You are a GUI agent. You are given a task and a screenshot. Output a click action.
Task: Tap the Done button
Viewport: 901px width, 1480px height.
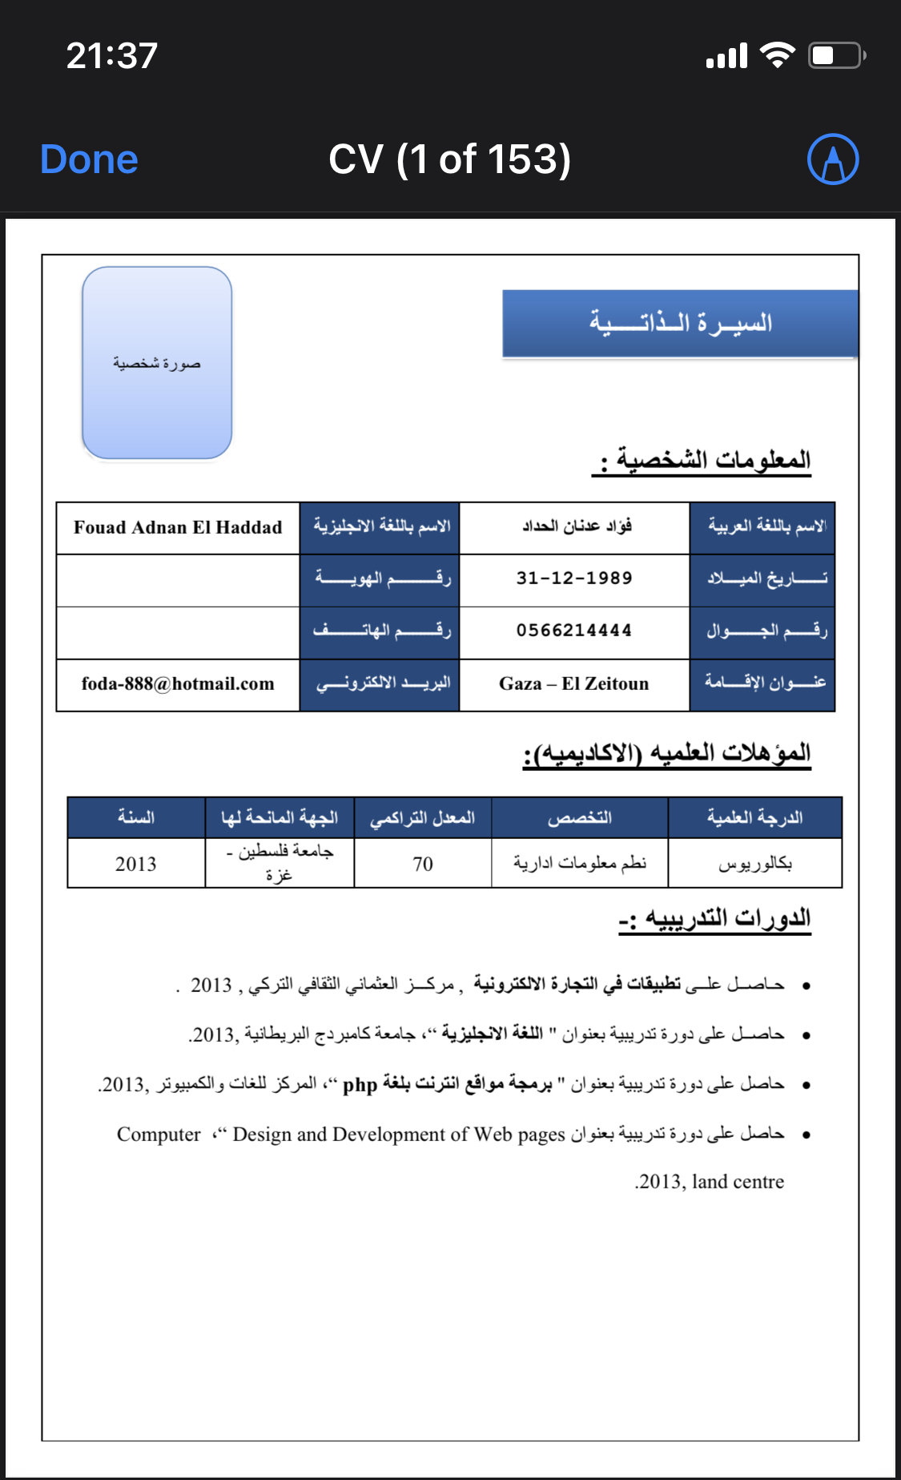coord(89,159)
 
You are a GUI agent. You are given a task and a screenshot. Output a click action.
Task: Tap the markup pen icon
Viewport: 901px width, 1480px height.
coord(833,159)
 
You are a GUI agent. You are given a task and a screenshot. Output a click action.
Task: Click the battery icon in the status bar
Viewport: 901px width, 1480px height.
coord(835,56)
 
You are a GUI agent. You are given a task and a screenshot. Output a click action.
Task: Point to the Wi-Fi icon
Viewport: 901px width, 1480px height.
coord(776,55)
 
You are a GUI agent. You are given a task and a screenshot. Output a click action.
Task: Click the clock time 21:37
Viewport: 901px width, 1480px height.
coord(111,56)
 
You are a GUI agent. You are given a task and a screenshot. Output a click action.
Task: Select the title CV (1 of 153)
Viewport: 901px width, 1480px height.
coord(449,159)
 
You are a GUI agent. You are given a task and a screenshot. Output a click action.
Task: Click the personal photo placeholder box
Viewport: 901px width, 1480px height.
coord(157,363)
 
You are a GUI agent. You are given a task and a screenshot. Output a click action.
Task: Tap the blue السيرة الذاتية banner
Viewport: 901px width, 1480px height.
coord(680,323)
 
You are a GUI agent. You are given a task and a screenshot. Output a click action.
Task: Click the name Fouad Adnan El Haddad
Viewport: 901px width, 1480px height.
coord(178,527)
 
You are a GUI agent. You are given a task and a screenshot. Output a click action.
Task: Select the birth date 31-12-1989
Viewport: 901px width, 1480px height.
coord(574,579)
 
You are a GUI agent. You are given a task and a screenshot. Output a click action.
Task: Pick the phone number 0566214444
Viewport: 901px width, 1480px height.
coord(574,631)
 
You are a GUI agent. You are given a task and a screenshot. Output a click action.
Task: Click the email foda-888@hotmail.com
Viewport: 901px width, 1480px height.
coord(178,684)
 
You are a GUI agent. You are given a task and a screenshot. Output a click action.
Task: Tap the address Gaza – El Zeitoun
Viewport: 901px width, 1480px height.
coord(574,684)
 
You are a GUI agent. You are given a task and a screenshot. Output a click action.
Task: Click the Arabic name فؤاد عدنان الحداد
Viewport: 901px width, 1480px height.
coord(577,526)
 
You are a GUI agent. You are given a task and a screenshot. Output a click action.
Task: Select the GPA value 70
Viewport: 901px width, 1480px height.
coord(423,864)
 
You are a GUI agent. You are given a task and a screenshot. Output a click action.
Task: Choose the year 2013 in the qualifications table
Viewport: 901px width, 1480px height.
coord(135,864)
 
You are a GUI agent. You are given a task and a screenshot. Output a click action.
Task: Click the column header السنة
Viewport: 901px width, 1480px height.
coord(135,817)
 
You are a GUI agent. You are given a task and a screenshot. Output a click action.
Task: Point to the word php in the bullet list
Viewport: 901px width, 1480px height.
coord(360,1085)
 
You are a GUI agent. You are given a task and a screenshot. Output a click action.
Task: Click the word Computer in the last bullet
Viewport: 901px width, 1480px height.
coord(159,1135)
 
